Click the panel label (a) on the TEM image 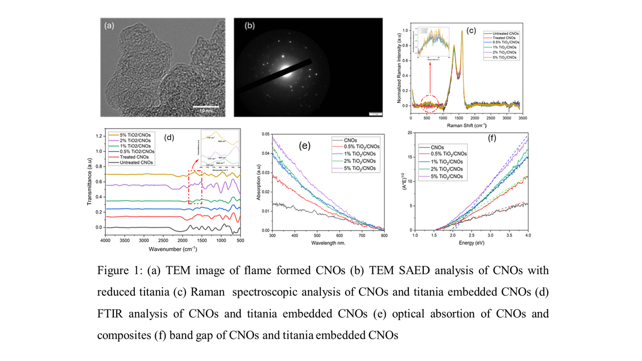[110, 27]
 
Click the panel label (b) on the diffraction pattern [249, 27]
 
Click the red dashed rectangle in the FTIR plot [195, 187]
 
